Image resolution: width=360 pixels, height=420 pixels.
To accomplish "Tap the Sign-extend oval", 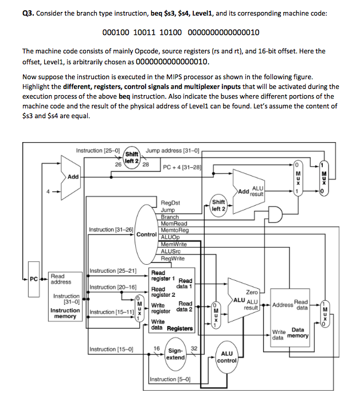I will [x=175, y=354].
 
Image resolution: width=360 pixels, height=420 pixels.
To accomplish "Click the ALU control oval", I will [x=227, y=358].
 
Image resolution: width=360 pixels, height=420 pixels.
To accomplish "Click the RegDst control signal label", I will [x=171, y=203].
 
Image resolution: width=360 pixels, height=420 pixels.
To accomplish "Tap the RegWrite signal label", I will [x=173, y=258].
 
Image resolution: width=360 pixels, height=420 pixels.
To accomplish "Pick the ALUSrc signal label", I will [x=171, y=251].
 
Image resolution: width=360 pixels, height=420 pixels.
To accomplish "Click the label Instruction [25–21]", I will [x=113, y=270].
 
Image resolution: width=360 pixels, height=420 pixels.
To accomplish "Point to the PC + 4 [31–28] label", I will [x=183, y=167].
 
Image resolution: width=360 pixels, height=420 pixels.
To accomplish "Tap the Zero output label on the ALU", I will [x=252, y=292].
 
